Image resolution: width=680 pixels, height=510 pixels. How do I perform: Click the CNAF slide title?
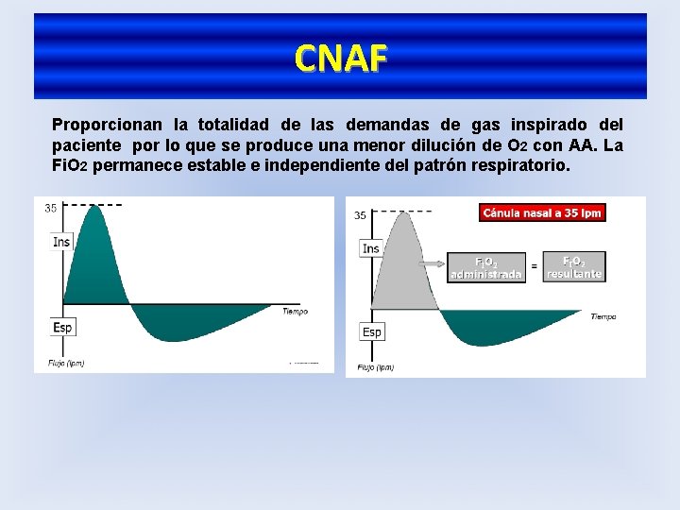[340, 59]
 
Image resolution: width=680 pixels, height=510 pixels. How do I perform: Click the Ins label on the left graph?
[61, 242]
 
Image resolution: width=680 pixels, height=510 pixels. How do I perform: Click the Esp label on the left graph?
[61, 327]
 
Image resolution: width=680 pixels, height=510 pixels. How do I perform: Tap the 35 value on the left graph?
[50, 209]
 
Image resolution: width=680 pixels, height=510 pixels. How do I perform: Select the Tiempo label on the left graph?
[295, 312]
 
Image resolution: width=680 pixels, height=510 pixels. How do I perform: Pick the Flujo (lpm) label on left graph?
[67, 362]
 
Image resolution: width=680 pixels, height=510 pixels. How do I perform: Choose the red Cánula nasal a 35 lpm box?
[542, 213]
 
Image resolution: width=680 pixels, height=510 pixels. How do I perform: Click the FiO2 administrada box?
[485, 267]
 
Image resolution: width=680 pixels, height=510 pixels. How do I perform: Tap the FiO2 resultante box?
[573, 266]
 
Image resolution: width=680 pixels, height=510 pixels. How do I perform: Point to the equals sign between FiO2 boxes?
[534, 267]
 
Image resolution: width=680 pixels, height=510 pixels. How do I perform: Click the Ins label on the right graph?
[371, 248]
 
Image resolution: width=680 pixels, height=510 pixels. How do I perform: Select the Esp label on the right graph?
[372, 331]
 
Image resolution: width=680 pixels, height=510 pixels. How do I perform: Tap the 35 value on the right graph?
[360, 215]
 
